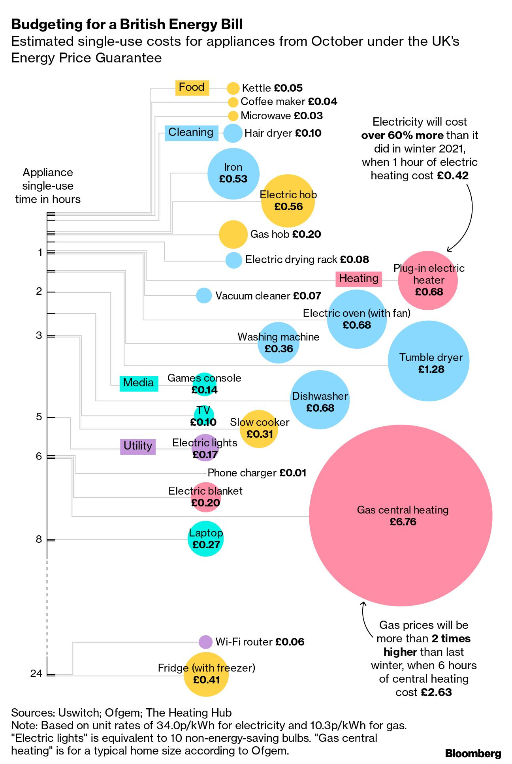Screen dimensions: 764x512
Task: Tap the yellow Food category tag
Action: point(192,87)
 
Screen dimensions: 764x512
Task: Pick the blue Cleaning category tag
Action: point(191,132)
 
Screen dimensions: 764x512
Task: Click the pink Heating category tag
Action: point(359,279)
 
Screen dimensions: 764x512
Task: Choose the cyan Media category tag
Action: point(139,383)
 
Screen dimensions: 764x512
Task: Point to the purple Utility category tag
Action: point(138,446)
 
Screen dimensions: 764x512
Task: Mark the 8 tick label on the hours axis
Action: point(39,539)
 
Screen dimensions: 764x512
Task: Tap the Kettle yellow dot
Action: point(233,88)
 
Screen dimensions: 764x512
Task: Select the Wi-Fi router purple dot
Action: point(205,642)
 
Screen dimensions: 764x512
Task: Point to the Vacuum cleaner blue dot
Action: point(204,295)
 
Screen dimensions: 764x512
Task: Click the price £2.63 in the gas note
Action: point(436,692)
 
